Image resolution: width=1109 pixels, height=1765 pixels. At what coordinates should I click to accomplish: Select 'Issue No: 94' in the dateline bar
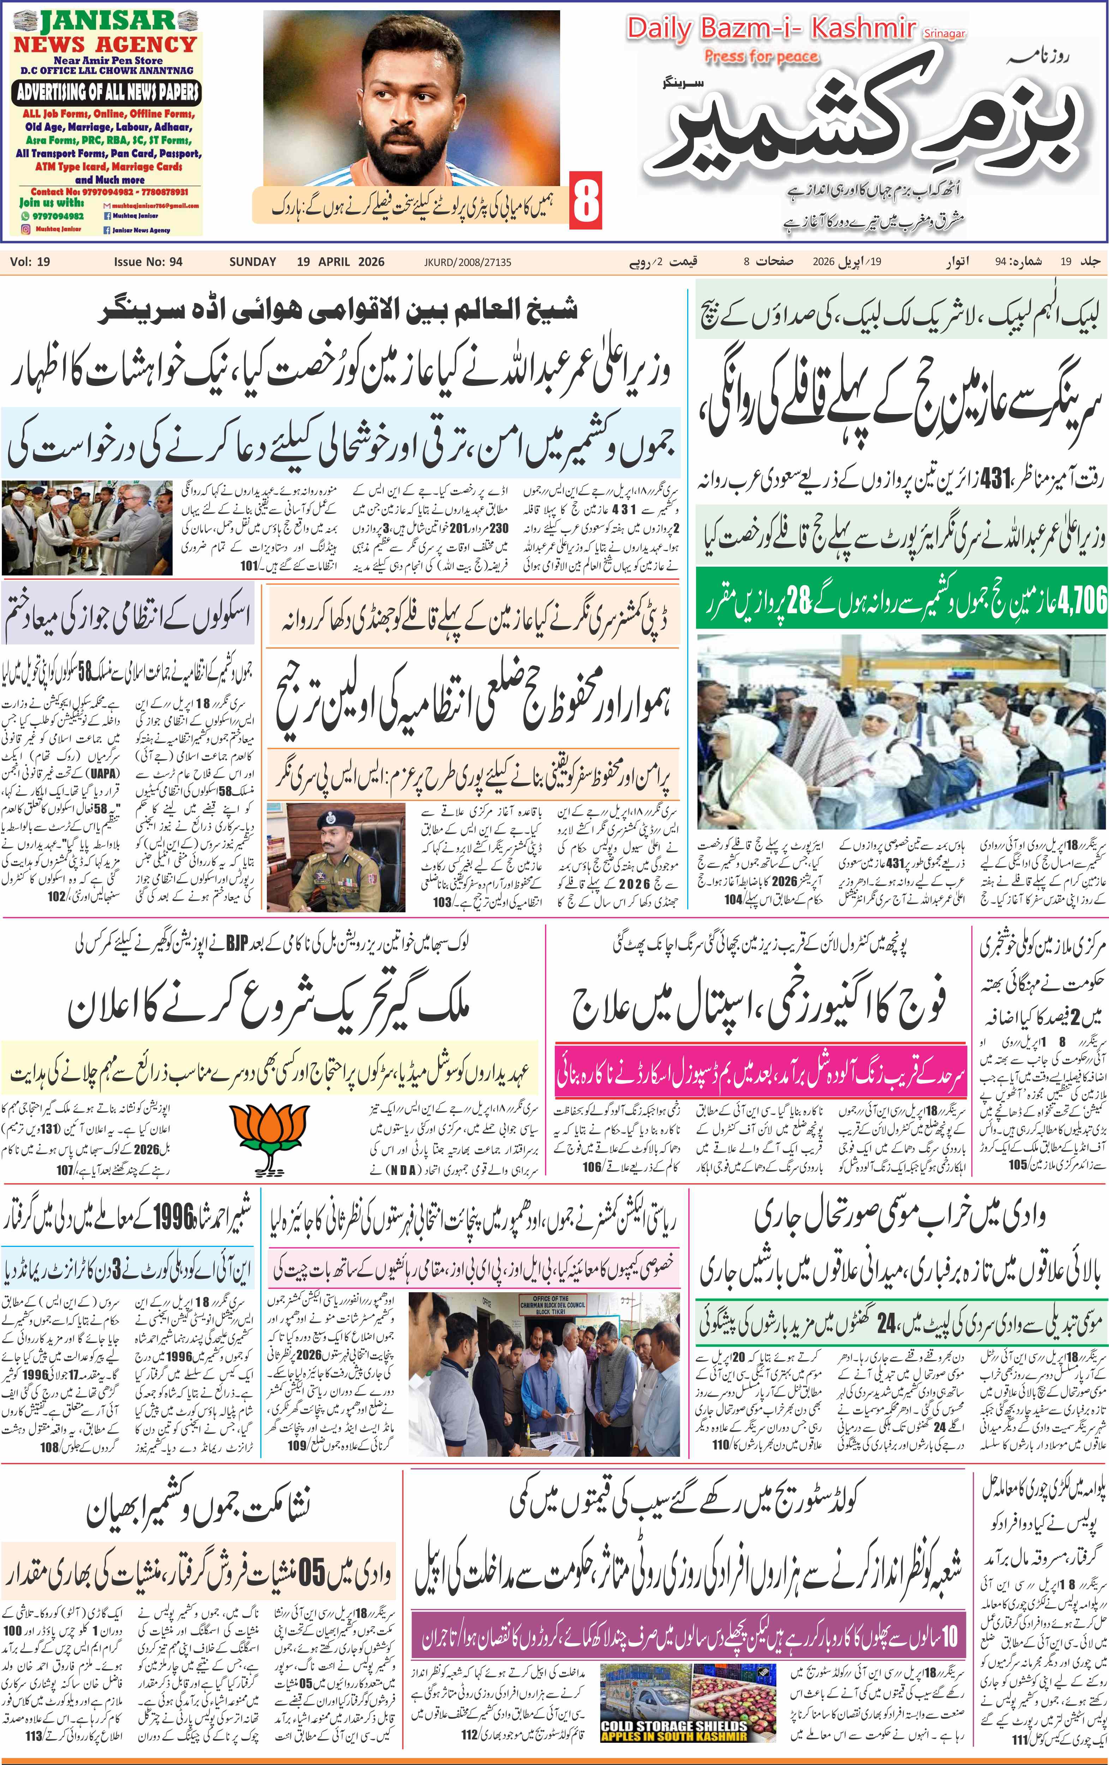tap(148, 262)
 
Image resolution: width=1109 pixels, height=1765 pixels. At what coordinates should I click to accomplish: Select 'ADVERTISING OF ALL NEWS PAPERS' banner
tap(108, 93)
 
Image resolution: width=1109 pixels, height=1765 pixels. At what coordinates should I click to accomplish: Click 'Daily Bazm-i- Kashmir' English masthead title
tap(771, 29)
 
